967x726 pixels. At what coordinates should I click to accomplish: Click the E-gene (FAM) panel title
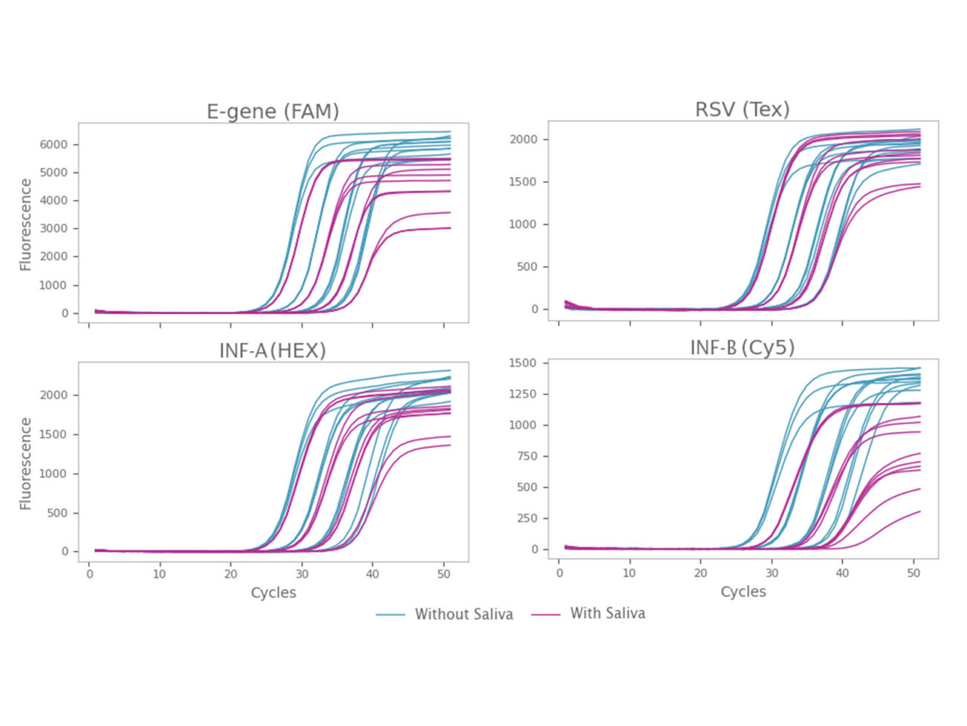(273, 111)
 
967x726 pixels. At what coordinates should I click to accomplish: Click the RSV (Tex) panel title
(742, 110)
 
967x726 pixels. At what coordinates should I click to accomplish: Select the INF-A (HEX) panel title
(273, 351)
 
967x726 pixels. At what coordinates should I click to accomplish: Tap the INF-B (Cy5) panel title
(742, 348)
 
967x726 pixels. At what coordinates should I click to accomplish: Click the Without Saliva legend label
(463, 615)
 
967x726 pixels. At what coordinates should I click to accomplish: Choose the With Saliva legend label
(607, 614)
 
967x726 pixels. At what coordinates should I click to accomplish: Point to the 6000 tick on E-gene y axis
(53, 144)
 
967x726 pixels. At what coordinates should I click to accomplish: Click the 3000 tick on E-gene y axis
(53, 229)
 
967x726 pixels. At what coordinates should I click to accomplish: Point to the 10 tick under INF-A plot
(160, 574)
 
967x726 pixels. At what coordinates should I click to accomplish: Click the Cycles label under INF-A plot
(273, 593)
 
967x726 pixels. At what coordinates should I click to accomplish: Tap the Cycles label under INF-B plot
(743, 592)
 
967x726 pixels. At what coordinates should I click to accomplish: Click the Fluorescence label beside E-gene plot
(26, 224)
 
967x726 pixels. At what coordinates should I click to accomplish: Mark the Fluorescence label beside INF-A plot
(26, 464)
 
